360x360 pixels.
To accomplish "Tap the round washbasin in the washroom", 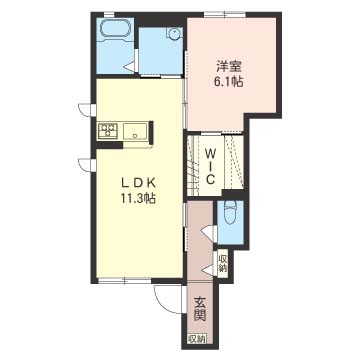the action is [x=174, y=33].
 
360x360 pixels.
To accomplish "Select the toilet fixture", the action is [x=230, y=213].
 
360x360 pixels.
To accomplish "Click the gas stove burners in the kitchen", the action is [x=108, y=130].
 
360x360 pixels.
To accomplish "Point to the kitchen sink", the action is [x=135, y=131].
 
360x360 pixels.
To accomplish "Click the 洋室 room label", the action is [x=229, y=67].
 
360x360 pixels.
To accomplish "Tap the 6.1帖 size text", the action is [x=229, y=82].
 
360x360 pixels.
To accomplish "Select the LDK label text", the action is [x=138, y=183].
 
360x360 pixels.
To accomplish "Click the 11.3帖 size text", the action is [x=138, y=199].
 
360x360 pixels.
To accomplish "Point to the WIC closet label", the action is [x=210, y=167].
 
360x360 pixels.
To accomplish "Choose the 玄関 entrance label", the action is [x=200, y=309].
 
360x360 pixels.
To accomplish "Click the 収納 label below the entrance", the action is [x=196, y=339].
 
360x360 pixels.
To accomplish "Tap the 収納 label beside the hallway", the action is [x=223, y=263].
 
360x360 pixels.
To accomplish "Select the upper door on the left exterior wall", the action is [x=87, y=110].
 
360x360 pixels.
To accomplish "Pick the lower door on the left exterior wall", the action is [x=87, y=165].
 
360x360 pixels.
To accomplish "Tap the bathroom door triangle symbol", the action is [x=131, y=66].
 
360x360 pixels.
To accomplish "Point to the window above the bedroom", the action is [x=225, y=14].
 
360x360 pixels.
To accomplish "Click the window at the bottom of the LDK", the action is [x=125, y=281].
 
